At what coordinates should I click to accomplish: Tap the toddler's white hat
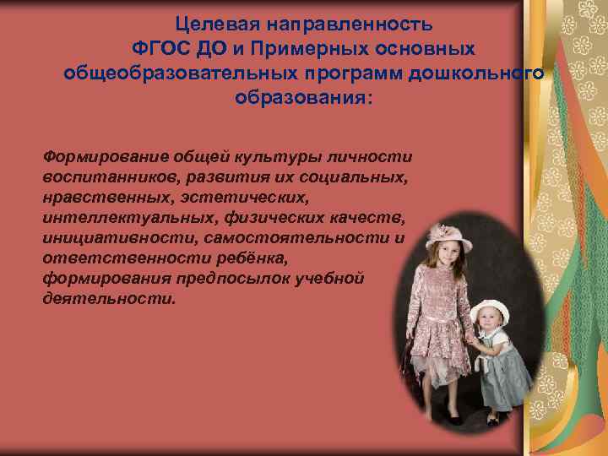point(491,310)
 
